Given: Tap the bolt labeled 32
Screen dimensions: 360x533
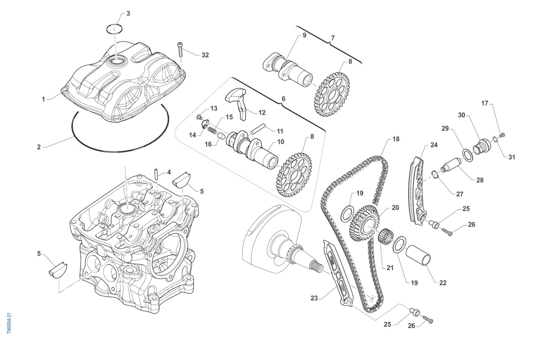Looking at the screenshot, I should (x=179, y=50).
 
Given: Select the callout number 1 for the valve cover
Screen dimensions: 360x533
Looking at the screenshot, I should (x=43, y=99).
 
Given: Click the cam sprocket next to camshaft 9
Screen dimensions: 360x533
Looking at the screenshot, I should (x=333, y=95).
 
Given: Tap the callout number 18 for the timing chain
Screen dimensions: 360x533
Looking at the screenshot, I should (x=396, y=139).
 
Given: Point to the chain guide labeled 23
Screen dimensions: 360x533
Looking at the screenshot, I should (x=336, y=273).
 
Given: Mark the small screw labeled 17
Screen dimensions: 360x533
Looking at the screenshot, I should (x=502, y=134).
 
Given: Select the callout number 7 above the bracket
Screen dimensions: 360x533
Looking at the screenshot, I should (x=333, y=38).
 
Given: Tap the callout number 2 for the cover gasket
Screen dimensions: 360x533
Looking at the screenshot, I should (x=39, y=147).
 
